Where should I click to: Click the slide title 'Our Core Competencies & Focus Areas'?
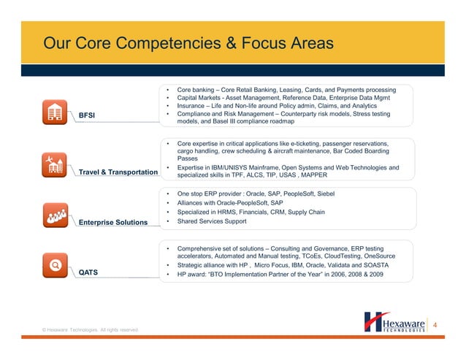point(188,44)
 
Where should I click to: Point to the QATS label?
point(88,272)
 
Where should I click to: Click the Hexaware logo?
point(395,322)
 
